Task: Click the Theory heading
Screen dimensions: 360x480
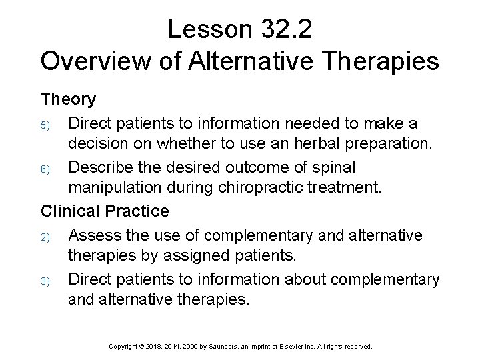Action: click(69, 99)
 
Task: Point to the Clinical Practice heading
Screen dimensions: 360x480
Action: click(105, 211)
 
